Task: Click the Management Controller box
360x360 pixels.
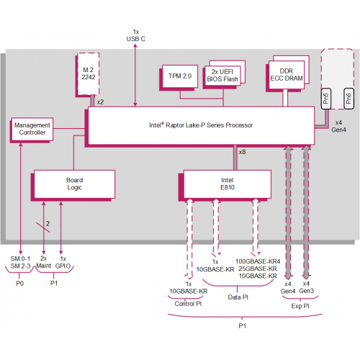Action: click(30, 129)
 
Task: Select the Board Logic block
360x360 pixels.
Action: click(74, 184)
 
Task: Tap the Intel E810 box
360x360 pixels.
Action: click(228, 184)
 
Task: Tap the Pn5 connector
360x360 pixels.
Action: click(325, 99)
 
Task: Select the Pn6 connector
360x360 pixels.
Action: click(349, 99)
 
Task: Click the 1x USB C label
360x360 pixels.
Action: click(135, 35)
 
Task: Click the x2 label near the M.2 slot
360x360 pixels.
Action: click(100, 103)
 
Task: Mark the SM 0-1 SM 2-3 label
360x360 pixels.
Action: click(21, 263)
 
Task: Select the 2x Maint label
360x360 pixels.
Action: click(45, 263)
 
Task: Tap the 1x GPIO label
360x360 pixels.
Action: click(63, 263)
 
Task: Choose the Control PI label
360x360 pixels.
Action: click(189, 303)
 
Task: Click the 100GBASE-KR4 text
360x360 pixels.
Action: click(256, 261)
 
